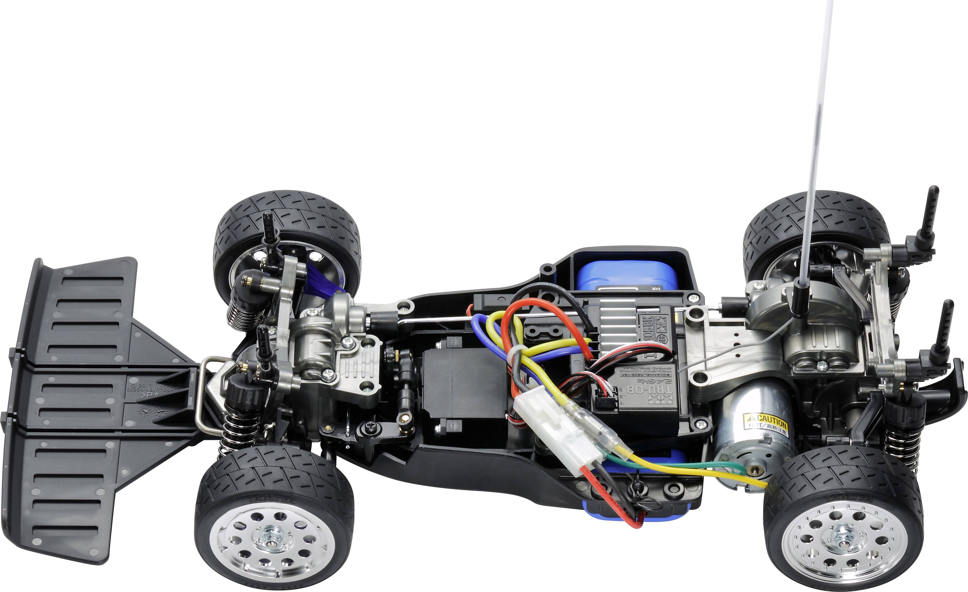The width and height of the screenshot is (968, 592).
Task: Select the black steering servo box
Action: tap(463, 383)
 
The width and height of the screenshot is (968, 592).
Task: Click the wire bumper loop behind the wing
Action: tap(203, 393)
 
